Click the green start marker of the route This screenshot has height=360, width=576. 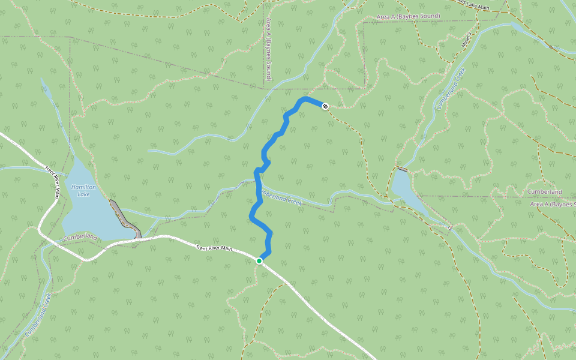(x=259, y=261)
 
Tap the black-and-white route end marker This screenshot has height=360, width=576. (x=325, y=106)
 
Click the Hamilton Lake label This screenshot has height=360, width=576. (x=83, y=190)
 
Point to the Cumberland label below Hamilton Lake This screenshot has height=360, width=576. (x=79, y=238)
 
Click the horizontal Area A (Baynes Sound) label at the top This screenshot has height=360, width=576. (x=408, y=16)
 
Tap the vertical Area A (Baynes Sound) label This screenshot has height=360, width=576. (x=268, y=50)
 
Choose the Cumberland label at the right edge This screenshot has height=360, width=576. (x=544, y=192)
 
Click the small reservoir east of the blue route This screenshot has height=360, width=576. (x=406, y=188)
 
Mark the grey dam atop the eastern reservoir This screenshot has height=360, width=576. (x=401, y=169)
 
